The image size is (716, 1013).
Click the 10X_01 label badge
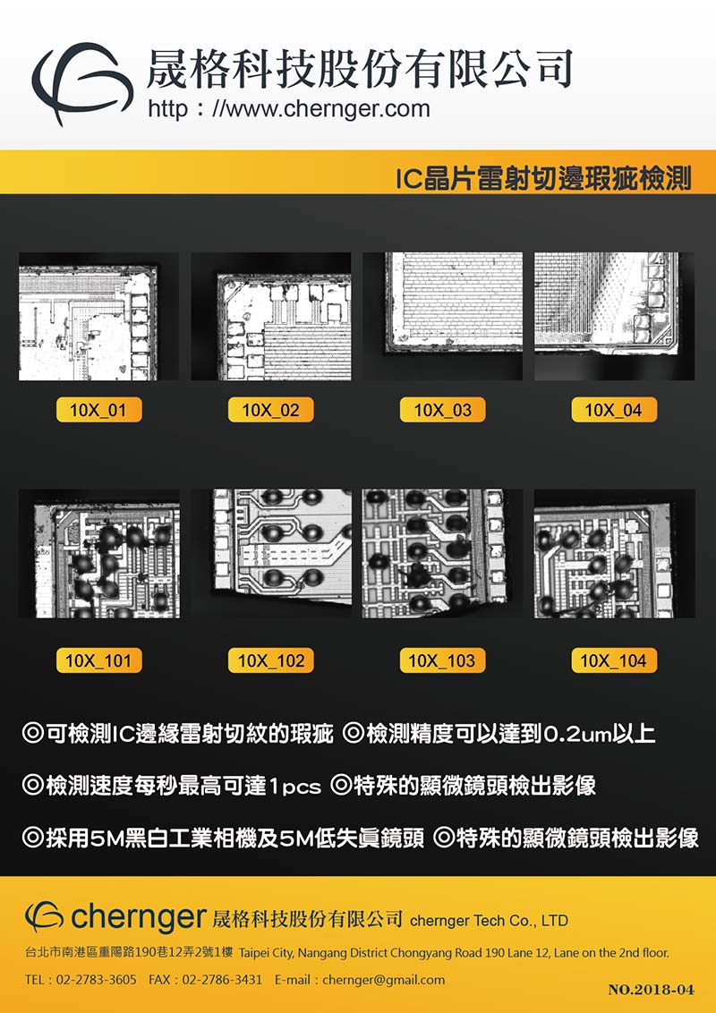click(98, 410)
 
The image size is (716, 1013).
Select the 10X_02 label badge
click(271, 410)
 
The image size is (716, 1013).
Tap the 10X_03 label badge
click(443, 410)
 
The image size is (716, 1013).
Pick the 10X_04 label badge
click(614, 410)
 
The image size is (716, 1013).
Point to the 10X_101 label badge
click(98, 661)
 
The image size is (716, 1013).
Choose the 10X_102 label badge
click(271, 661)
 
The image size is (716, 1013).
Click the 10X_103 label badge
click(443, 661)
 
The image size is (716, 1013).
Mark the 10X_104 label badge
click(614, 661)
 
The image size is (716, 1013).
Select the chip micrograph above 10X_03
click(454, 302)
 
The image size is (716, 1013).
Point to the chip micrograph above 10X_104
click(604, 561)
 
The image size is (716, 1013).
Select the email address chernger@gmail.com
click(383, 980)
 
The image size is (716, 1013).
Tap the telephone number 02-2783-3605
click(97, 980)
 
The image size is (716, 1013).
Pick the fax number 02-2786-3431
click(222, 980)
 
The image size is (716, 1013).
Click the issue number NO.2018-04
click(652, 990)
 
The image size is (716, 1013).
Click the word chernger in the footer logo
click(138, 915)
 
